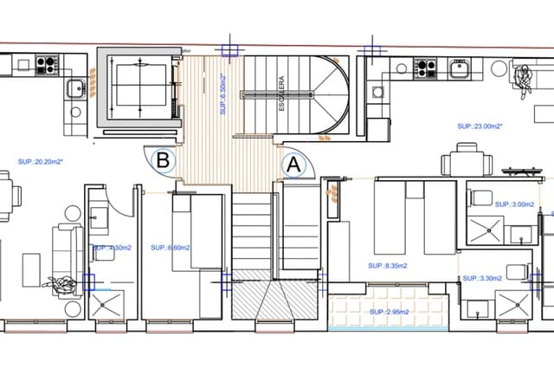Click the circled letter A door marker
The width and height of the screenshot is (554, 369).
(x=293, y=162)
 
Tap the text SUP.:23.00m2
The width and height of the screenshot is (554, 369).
(x=480, y=126)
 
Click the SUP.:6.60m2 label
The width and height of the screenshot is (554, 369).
(x=171, y=248)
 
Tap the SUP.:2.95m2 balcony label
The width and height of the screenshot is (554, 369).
(x=390, y=311)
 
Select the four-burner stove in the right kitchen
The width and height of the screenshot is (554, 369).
(x=425, y=66)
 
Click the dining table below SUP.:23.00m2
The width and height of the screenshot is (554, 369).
(x=467, y=162)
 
